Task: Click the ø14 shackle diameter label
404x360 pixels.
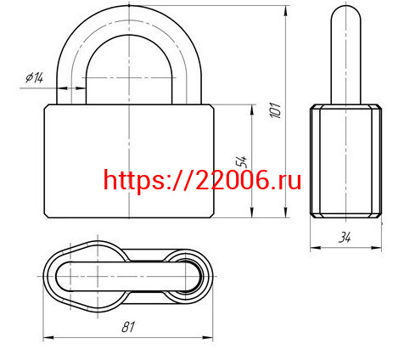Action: pos(35,77)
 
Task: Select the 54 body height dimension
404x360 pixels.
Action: pos(240,161)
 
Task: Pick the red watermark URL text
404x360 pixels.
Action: pos(202,179)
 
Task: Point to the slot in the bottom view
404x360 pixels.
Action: pos(127,277)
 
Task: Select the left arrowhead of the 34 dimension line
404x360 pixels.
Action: pos(313,248)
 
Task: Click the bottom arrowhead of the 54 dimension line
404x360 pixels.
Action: pos(252,216)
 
